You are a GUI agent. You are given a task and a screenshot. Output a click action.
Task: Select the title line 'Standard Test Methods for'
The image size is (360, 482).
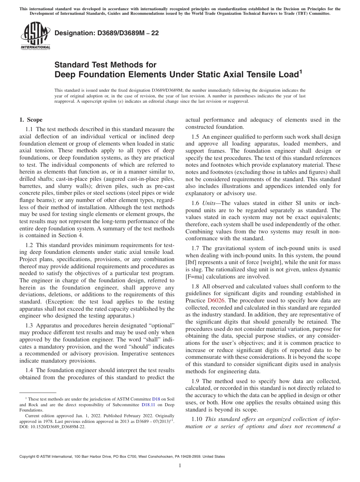[x=105, y=65]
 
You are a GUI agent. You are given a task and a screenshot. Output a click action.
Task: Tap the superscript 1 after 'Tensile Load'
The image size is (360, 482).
[x=301, y=72]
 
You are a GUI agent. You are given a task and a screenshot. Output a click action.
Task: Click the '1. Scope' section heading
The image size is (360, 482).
[x=31, y=120]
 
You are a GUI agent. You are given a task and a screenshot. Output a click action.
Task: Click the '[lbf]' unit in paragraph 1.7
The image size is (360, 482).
[x=192, y=263]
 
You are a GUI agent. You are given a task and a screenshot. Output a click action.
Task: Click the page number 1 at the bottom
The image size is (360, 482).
[x=180, y=466]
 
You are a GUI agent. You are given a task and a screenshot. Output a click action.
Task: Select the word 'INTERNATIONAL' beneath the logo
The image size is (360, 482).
[x=35, y=47]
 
